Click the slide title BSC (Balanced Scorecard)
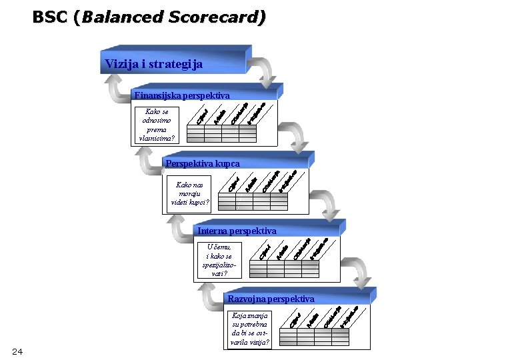pyautogui.click(x=149, y=17)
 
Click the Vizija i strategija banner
pyautogui.click(x=153, y=65)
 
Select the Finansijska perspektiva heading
pyautogui.click(x=181, y=95)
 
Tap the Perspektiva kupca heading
pyautogui.click(x=202, y=163)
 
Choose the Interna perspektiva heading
pyautogui.click(x=237, y=231)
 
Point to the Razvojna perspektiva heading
pyautogui.click(x=271, y=298)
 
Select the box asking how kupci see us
pyautogui.click(x=189, y=193)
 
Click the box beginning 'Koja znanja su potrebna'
pyautogui.click(x=250, y=329)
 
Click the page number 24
pyautogui.click(x=17, y=351)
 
